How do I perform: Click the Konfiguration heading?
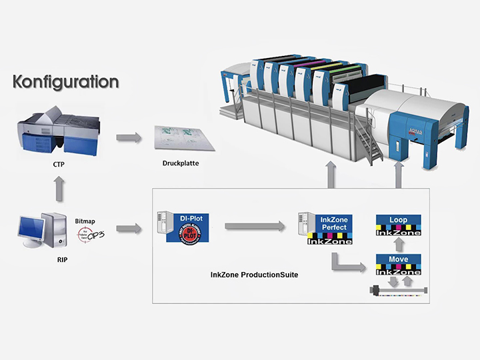point(66,83)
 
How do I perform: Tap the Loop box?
point(398,224)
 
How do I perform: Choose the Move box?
point(398,264)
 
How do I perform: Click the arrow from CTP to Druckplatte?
point(128,137)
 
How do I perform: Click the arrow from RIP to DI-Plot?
point(128,229)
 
